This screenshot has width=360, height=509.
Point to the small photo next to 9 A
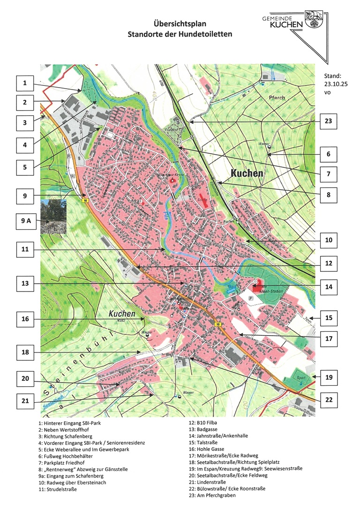pyautogui.click(x=53, y=216)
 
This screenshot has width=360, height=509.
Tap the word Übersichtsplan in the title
pyautogui.click(x=180, y=23)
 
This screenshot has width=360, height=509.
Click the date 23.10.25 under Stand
pyautogui.click(x=334, y=84)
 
